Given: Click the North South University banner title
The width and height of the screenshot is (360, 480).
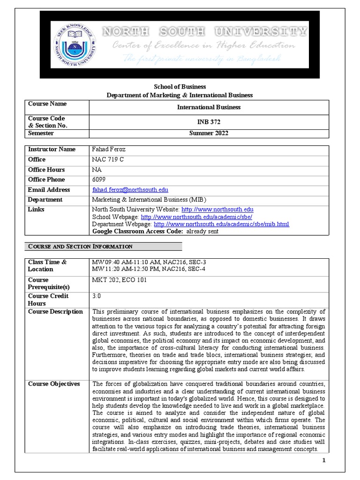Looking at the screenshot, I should (205, 32).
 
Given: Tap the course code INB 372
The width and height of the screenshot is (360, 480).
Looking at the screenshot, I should (209, 122).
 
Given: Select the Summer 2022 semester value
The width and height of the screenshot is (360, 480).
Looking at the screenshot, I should (209, 134).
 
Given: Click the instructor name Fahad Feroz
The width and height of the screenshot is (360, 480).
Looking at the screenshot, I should (109, 150).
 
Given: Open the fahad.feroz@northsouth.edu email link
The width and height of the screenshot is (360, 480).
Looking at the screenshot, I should (130, 190).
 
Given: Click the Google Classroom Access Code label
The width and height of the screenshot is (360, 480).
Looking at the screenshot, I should (138, 231).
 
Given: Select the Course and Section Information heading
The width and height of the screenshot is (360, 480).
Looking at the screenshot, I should (80, 247).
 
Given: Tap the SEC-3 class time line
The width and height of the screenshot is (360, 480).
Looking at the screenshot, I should (149, 262).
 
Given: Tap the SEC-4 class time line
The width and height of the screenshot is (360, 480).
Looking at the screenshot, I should (149, 269).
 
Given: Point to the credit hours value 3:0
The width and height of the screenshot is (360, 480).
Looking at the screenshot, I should (97, 296).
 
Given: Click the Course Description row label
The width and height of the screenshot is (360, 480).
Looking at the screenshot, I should (55, 312).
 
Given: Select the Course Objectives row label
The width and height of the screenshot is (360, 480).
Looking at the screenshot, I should (54, 384).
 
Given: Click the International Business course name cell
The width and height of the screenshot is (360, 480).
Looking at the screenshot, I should (209, 107).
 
